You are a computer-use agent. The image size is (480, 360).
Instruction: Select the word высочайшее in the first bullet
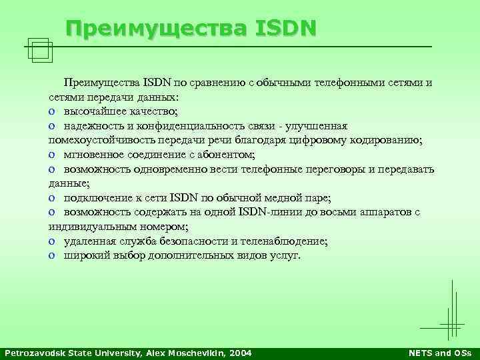pos(93,111)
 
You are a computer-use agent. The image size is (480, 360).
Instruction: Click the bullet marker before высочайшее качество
pos(51,111)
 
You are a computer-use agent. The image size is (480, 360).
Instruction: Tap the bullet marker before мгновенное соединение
pos(51,155)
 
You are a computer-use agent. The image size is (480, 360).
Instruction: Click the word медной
pos(279,198)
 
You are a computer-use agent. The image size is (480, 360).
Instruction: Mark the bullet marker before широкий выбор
pos(51,256)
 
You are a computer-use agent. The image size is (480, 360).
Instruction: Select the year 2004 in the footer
pos(241,353)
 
